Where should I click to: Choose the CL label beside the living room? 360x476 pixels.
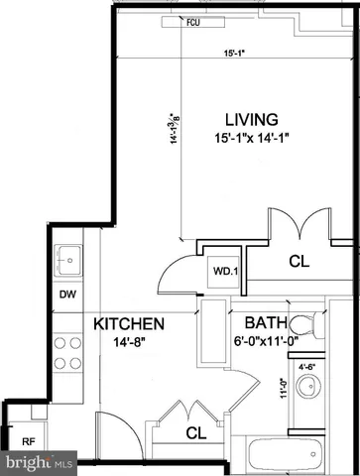[x=298, y=262]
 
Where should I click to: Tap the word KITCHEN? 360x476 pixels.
[x=129, y=324]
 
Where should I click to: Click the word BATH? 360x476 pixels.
[x=266, y=323]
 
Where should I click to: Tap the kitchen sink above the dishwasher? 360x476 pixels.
[x=67, y=260]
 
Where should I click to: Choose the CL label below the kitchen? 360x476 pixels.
[x=196, y=433]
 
